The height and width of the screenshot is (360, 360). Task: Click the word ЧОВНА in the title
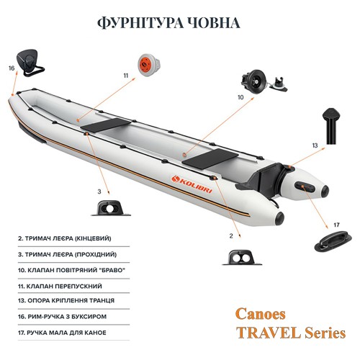(x=212, y=23)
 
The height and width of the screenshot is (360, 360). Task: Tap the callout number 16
(x=12, y=68)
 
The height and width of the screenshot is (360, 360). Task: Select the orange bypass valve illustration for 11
(x=149, y=65)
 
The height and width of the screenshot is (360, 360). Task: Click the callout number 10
(x=240, y=97)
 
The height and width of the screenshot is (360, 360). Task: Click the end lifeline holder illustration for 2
(x=242, y=257)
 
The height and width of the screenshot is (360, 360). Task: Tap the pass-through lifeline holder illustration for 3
(x=110, y=208)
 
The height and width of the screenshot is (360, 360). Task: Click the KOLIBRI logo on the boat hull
(x=192, y=184)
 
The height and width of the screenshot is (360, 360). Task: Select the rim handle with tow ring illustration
(x=30, y=63)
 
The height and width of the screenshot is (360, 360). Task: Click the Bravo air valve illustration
(x=264, y=81)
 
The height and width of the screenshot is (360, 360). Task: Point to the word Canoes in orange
(x=261, y=314)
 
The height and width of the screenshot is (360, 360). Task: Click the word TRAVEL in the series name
(x=269, y=333)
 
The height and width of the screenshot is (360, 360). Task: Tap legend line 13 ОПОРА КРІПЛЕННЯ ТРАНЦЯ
(x=66, y=300)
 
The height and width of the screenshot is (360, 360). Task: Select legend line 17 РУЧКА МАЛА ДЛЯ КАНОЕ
(x=62, y=333)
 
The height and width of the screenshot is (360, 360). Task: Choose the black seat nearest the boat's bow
(x=106, y=125)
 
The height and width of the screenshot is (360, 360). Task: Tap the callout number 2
(x=231, y=236)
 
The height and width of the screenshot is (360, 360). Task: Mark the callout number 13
(x=315, y=145)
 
